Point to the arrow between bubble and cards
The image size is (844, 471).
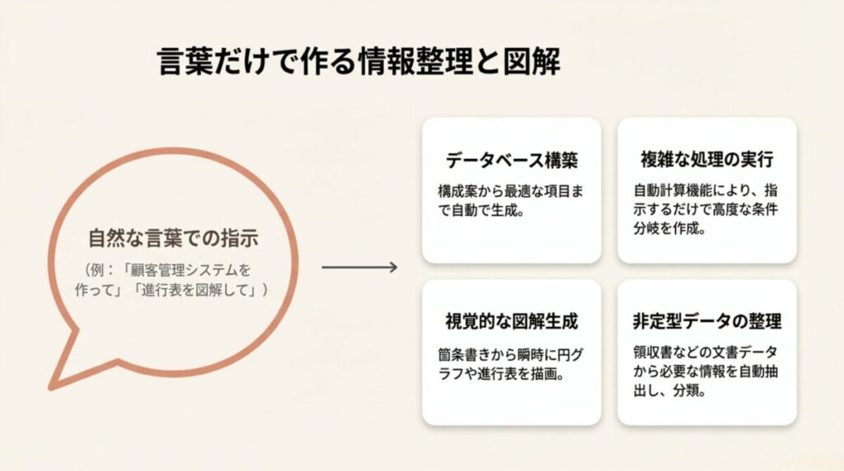point(359,268)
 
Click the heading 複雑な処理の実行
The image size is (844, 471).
point(706,159)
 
